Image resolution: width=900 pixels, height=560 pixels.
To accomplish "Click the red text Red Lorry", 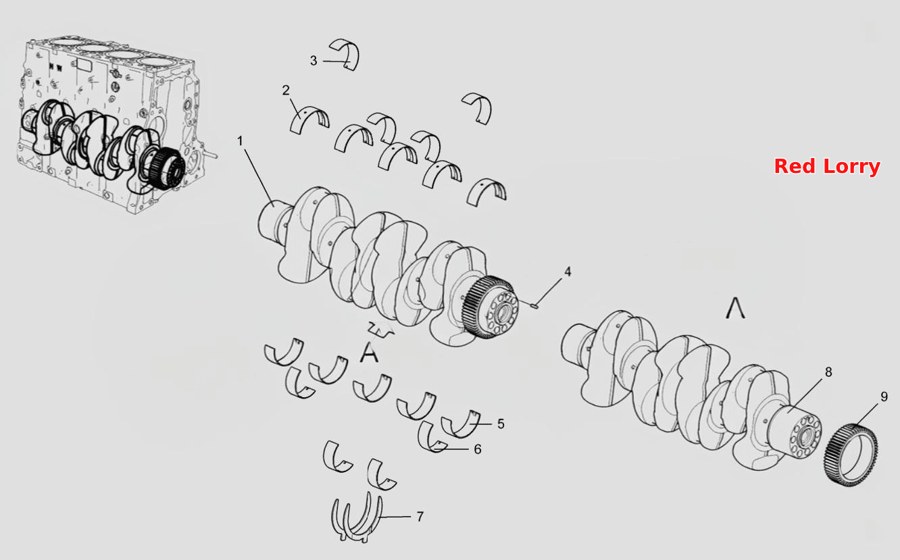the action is pyautogui.click(x=827, y=166).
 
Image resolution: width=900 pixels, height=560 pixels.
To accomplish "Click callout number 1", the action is pyautogui.click(x=241, y=141).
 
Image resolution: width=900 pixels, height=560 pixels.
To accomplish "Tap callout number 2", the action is pyautogui.click(x=286, y=90).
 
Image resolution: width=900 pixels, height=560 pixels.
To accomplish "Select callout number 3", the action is pyautogui.click(x=314, y=61).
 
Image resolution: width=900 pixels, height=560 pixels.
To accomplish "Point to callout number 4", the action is pyautogui.click(x=568, y=272).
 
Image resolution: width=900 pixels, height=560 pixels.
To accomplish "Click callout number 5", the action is pyautogui.click(x=501, y=424).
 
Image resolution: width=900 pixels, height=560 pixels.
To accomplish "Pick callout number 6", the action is pyautogui.click(x=477, y=449).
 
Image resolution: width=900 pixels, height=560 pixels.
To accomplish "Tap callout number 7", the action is pyautogui.click(x=420, y=517).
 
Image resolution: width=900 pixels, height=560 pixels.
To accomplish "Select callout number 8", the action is pyautogui.click(x=828, y=372).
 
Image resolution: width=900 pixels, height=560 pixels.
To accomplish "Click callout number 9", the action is pyautogui.click(x=884, y=397).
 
